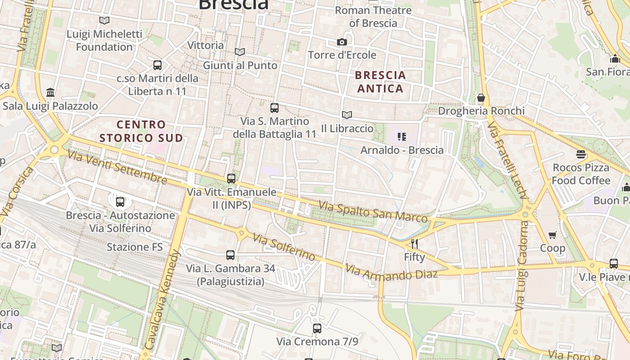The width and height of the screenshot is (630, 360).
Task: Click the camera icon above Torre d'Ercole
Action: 342,42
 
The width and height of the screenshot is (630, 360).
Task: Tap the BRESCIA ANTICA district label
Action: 380,82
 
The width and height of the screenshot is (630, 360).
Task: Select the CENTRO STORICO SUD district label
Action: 141,131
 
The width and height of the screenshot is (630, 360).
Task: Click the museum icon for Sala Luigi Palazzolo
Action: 51,93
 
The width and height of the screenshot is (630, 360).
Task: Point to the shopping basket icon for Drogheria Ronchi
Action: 481,98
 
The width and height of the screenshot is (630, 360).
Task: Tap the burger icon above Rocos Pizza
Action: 581,154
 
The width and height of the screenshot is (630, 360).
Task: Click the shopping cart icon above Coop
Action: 553,235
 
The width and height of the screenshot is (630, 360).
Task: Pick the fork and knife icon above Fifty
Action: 414,244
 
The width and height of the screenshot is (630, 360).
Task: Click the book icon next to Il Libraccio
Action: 346,115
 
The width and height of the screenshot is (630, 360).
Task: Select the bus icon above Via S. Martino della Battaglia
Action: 274,108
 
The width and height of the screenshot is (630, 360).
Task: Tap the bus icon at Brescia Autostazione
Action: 120,202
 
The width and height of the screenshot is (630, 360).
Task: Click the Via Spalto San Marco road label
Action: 373,212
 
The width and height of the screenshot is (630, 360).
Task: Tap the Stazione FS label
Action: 135,247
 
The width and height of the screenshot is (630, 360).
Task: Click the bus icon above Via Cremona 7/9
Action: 317,328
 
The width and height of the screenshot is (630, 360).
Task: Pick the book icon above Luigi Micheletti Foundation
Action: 104,20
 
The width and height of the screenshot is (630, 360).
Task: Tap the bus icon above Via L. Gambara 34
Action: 230,255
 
